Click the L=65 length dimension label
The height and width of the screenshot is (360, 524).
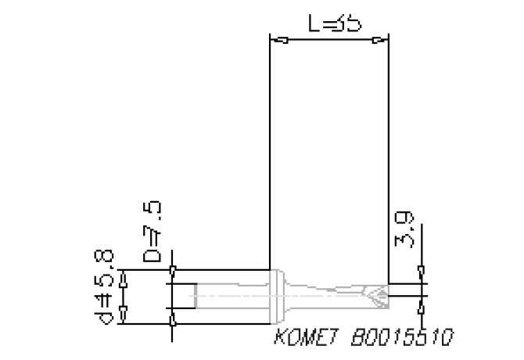pos(335,24)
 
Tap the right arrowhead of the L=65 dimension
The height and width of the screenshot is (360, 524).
pos(379,40)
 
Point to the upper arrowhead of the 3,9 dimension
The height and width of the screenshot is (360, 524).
pos(422,274)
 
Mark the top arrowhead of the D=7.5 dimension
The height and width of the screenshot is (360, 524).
pos(173,271)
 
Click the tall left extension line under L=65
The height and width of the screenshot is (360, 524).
pos(268,157)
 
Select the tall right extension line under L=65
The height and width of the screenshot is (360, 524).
pos(389,157)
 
